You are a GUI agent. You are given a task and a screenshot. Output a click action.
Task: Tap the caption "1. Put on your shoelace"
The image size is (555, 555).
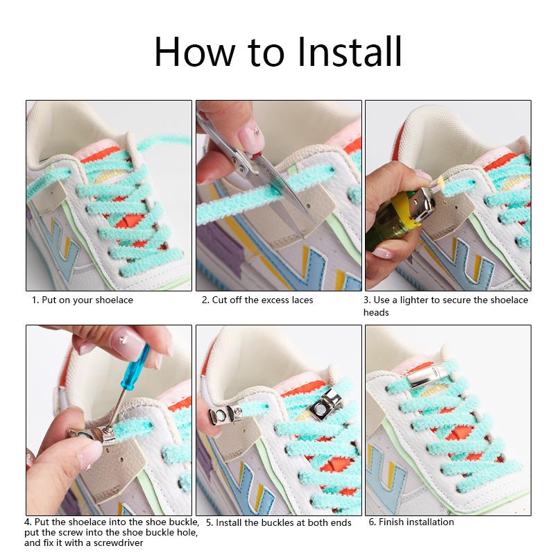82,300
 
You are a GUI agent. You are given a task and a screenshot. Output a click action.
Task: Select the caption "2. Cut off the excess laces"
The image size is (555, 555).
257,300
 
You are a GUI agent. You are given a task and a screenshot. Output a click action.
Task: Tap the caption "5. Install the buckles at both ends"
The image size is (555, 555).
278,522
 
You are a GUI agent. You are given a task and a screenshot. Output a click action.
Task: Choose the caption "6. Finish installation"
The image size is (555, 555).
411,522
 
